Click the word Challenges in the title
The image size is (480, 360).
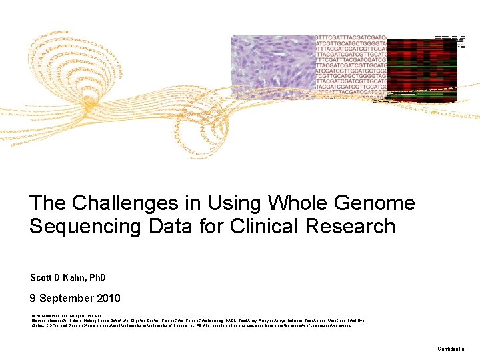coord(111,203)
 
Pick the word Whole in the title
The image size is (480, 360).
coord(296,203)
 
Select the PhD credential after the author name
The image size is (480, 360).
coord(96,277)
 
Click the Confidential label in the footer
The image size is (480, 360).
coord(451,349)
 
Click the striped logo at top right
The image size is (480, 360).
coord(450,43)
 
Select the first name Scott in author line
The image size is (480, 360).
coord(41,277)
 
